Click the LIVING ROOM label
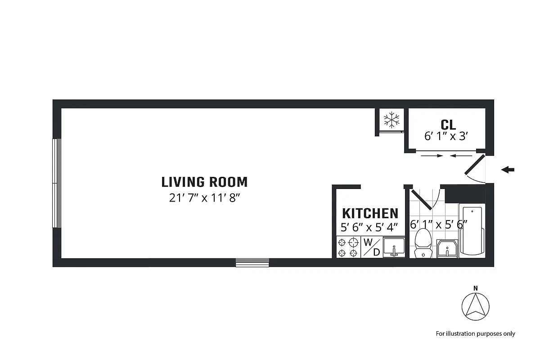(x=204, y=182)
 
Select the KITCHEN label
(x=370, y=213)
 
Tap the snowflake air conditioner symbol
(x=391, y=120)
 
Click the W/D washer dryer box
(x=372, y=247)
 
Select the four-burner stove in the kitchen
(x=348, y=247)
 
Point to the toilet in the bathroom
(x=423, y=243)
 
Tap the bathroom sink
(x=447, y=249)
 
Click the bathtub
(x=472, y=231)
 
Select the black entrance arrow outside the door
(x=508, y=170)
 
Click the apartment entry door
(x=474, y=165)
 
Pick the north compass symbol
(x=476, y=307)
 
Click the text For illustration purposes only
(x=475, y=333)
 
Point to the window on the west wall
(x=57, y=183)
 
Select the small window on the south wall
(x=252, y=262)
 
